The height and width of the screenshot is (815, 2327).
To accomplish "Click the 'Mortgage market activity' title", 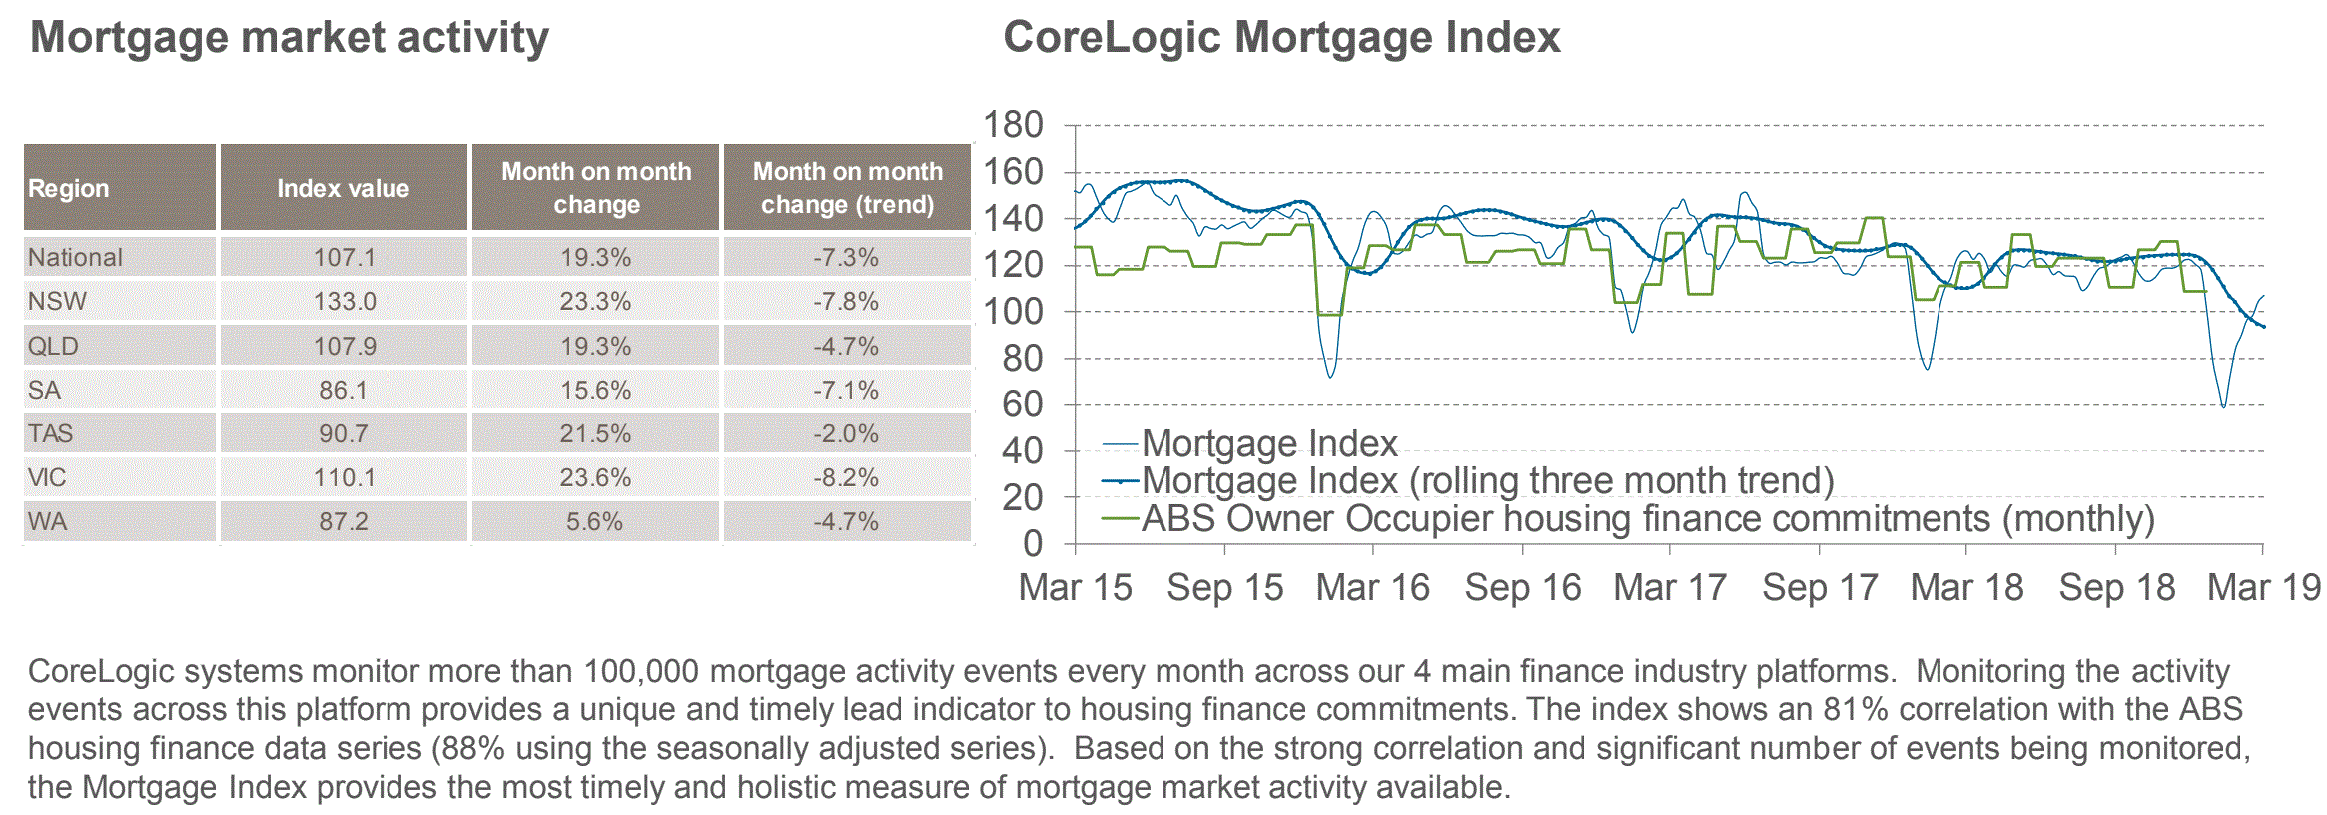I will pyautogui.click(x=289, y=38).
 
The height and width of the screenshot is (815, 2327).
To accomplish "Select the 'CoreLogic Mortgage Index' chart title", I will pyautogui.click(x=1280, y=38).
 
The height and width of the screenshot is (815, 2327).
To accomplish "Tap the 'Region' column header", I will pyautogui.click(x=68, y=188).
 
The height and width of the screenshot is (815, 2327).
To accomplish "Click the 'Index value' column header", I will pyautogui.click(x=343, y=188).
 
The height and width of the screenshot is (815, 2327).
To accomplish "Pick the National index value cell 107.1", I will pyautogui.click(x=344, y=257).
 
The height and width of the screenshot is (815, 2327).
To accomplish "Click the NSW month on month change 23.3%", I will pyautogui.click(x=595, y=301).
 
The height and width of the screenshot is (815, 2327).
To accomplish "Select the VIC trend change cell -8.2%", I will pyautogui.click(x=846, y=477).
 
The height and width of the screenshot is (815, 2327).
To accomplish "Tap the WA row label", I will pyautogui.click(x=48, y=521).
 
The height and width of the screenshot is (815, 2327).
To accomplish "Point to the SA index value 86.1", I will pyautogui.click(x=343, y=390).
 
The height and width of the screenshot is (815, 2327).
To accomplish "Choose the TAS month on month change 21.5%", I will pyautogui.click(x=595, y=433).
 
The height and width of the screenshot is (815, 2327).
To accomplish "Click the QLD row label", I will pyautogui.click(x=53, y=346).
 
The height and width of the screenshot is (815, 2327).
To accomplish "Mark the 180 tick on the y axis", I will pyautogui.click(x=1013, y=125).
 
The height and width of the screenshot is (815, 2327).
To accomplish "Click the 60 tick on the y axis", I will pyautogui.click(x=1023, y=405).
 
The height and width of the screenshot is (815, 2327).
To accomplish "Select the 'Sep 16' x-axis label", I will pyautogui.click(x=1522, y=588).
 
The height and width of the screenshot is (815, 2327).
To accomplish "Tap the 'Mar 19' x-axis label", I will pyautogui.click(x=2263, y=588).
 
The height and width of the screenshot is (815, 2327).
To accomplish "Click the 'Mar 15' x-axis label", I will pyautogui.click(x=1075, y=588).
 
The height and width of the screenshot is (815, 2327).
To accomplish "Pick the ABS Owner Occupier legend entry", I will pyautogui.click(x=1647, y=519).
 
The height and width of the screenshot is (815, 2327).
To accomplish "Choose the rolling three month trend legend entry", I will pyautogui.click(x=1487, y=481).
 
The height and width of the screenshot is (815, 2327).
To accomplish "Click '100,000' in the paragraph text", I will pyautogui.click(x=641, y=671).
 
